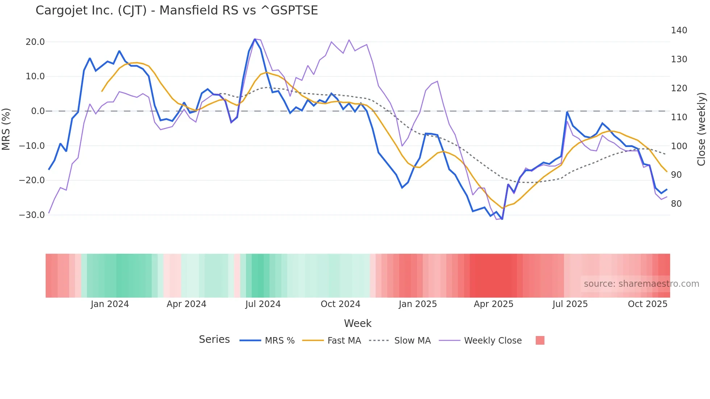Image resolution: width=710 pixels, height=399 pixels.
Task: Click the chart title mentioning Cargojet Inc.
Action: point(176,10)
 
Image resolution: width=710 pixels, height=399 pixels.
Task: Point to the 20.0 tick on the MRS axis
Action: point(35,42)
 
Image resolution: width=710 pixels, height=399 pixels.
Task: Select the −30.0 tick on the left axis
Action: point(32,215)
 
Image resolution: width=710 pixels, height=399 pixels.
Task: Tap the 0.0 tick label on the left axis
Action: point(38,111)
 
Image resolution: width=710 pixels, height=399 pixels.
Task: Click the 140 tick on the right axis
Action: point(679,30)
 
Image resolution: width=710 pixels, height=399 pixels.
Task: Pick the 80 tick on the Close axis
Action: point(676,204)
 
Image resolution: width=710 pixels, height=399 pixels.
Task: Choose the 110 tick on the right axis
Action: point(679,117)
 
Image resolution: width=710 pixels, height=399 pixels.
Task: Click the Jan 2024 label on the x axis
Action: point(109,304)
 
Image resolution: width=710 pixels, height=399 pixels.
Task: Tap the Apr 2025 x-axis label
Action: point(493,304)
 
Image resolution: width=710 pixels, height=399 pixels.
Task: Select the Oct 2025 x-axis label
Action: point(647,304)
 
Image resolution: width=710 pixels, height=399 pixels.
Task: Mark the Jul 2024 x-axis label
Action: point(263,304)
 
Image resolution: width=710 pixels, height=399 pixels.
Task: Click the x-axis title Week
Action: point(358,323)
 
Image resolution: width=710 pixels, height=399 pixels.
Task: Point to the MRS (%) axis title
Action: point(6,129)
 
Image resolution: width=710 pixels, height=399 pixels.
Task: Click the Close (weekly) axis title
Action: point(702,129)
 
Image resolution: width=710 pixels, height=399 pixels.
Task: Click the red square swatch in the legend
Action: point(540,340)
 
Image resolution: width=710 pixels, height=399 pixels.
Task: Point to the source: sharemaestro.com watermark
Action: point(641,284)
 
